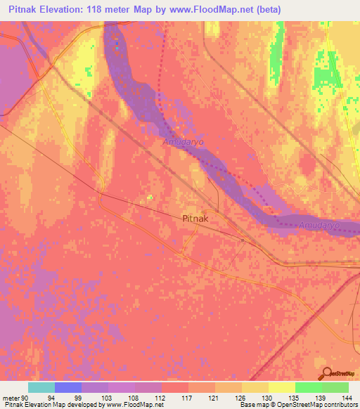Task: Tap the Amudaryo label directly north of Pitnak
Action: click(181, 142)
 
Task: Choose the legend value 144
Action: click(346, 397)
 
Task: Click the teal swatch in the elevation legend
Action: click(41, 387)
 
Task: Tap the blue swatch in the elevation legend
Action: click(68, 387)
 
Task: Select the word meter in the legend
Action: click(13, 397)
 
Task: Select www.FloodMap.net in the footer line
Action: click(134, 405)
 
